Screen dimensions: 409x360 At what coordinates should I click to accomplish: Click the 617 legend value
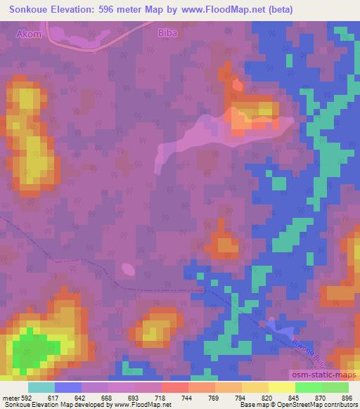63,397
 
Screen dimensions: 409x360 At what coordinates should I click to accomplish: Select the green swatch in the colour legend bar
321,387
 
